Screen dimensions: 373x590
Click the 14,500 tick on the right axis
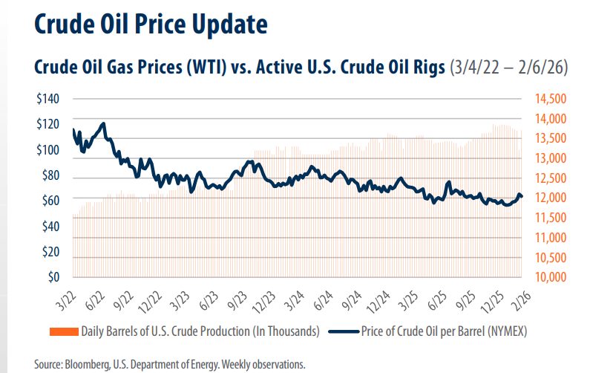pyautogui.click(x=551, y=99)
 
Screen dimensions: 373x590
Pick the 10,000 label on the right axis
pyautogui.click(x=551, y=277)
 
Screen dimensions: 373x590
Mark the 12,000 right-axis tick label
pyautogui.click(x=551, y=198)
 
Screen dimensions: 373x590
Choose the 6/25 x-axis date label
pyautogui.click(x=436, y=296)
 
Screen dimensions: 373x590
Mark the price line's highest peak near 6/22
pyautogui.click(x=103, y=123)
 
